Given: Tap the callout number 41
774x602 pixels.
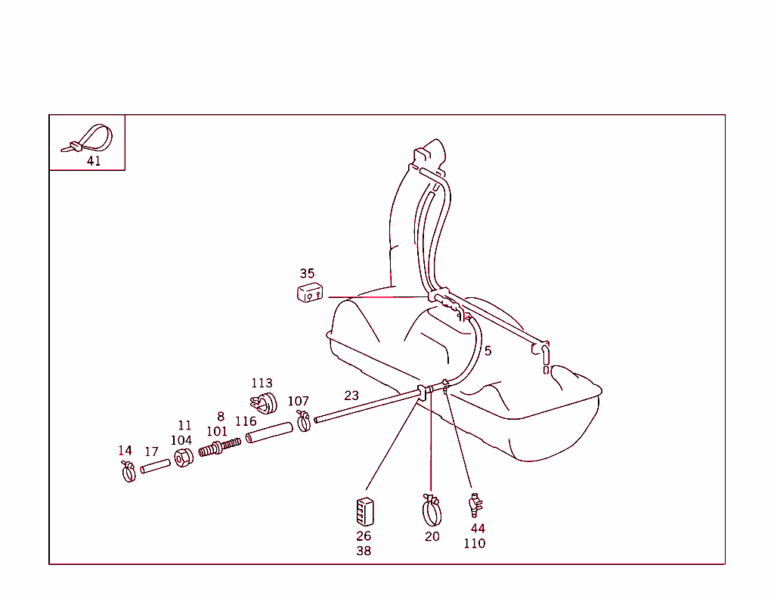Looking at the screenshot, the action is click(x=94, y=161).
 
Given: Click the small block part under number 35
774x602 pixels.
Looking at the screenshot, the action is click(x=310, y=293).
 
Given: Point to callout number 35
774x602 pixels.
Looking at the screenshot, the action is click(x=307, y=274).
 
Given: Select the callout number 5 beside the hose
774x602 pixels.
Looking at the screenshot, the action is click(x=488, y=351).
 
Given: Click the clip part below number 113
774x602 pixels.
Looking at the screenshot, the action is click(x=264, y=403).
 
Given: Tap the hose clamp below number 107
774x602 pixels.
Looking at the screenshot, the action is click(x=304, y=420).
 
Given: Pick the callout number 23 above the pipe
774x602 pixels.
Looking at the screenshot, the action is click(x=351, y=396).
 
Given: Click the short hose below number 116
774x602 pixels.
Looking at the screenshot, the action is click(x=269, y=433).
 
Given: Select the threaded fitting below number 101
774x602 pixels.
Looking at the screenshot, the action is click(x=220, y=447).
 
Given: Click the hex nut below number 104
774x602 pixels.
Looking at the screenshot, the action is click(x=184, y=458).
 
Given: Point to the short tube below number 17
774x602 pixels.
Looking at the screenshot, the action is click(x=156, y=466).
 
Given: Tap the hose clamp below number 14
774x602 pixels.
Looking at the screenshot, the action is click(x=128, y=472).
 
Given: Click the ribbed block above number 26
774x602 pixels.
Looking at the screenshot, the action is click(x=365, y=512).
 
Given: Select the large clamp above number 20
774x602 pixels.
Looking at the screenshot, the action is click(x=432, y=510).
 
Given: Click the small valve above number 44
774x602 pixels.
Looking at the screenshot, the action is click(x=475, y=504).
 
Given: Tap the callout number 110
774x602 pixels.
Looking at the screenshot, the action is click(x=475, y=544).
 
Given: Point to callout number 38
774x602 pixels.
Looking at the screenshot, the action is click(x=364, y=551).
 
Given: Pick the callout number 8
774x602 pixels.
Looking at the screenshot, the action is click(x=221, y=417).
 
